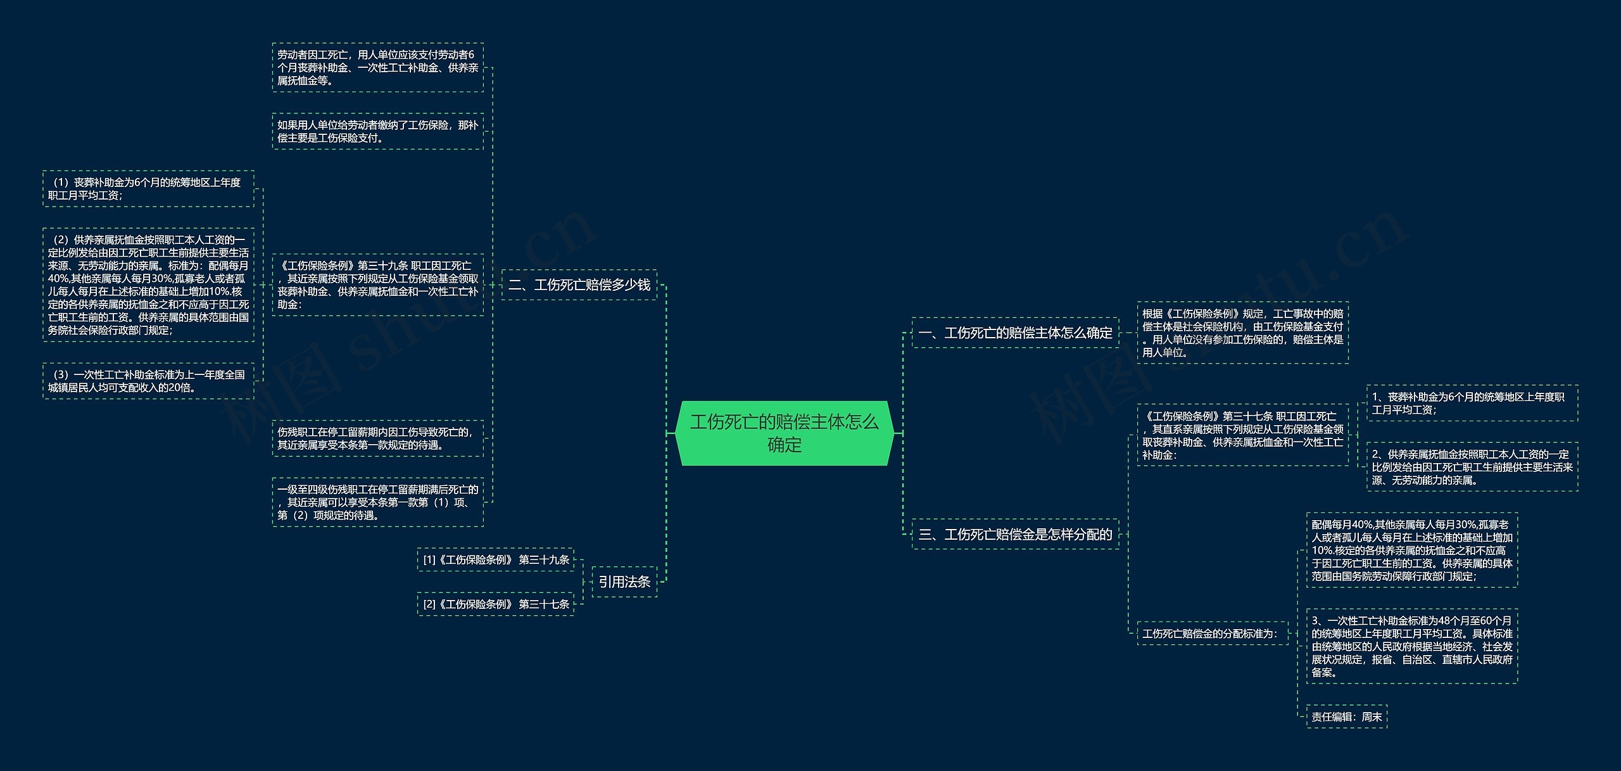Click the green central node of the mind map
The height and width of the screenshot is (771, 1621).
(784, 433)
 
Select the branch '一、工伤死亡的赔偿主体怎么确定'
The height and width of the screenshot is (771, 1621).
(1015, 333)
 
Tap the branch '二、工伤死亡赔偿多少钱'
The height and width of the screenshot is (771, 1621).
(579, 285)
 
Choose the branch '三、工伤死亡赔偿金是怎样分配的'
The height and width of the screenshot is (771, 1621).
(1015, 534)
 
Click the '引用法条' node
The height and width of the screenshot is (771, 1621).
(624, 582)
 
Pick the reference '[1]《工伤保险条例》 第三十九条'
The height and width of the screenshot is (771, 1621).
(495, 559)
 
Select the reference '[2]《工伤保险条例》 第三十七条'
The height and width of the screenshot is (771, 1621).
(495, 604)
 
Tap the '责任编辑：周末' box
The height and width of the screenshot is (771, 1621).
(1346, 717)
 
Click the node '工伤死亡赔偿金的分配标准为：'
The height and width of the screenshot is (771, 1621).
(1212, 633)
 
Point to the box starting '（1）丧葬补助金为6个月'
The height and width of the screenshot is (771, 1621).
(148, 189)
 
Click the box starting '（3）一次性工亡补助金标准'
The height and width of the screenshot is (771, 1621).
(148, 381)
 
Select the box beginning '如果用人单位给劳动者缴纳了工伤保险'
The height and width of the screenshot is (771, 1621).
(377, 131)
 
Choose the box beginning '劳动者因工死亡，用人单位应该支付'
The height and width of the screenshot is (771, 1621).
(377, 68)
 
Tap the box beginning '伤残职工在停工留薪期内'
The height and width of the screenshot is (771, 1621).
(377, 438)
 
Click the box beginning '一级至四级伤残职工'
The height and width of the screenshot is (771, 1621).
(377, 502)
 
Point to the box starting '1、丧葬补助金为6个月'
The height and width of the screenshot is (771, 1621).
(1472, 403)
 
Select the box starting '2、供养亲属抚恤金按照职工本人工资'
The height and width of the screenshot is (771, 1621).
(1472, 467)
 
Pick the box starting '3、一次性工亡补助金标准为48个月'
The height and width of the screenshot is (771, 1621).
(1411, 646)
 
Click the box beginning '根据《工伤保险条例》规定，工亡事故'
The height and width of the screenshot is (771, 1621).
(1242, 333)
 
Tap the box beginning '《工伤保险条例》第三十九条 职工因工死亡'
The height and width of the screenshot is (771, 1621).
(377, 285)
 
